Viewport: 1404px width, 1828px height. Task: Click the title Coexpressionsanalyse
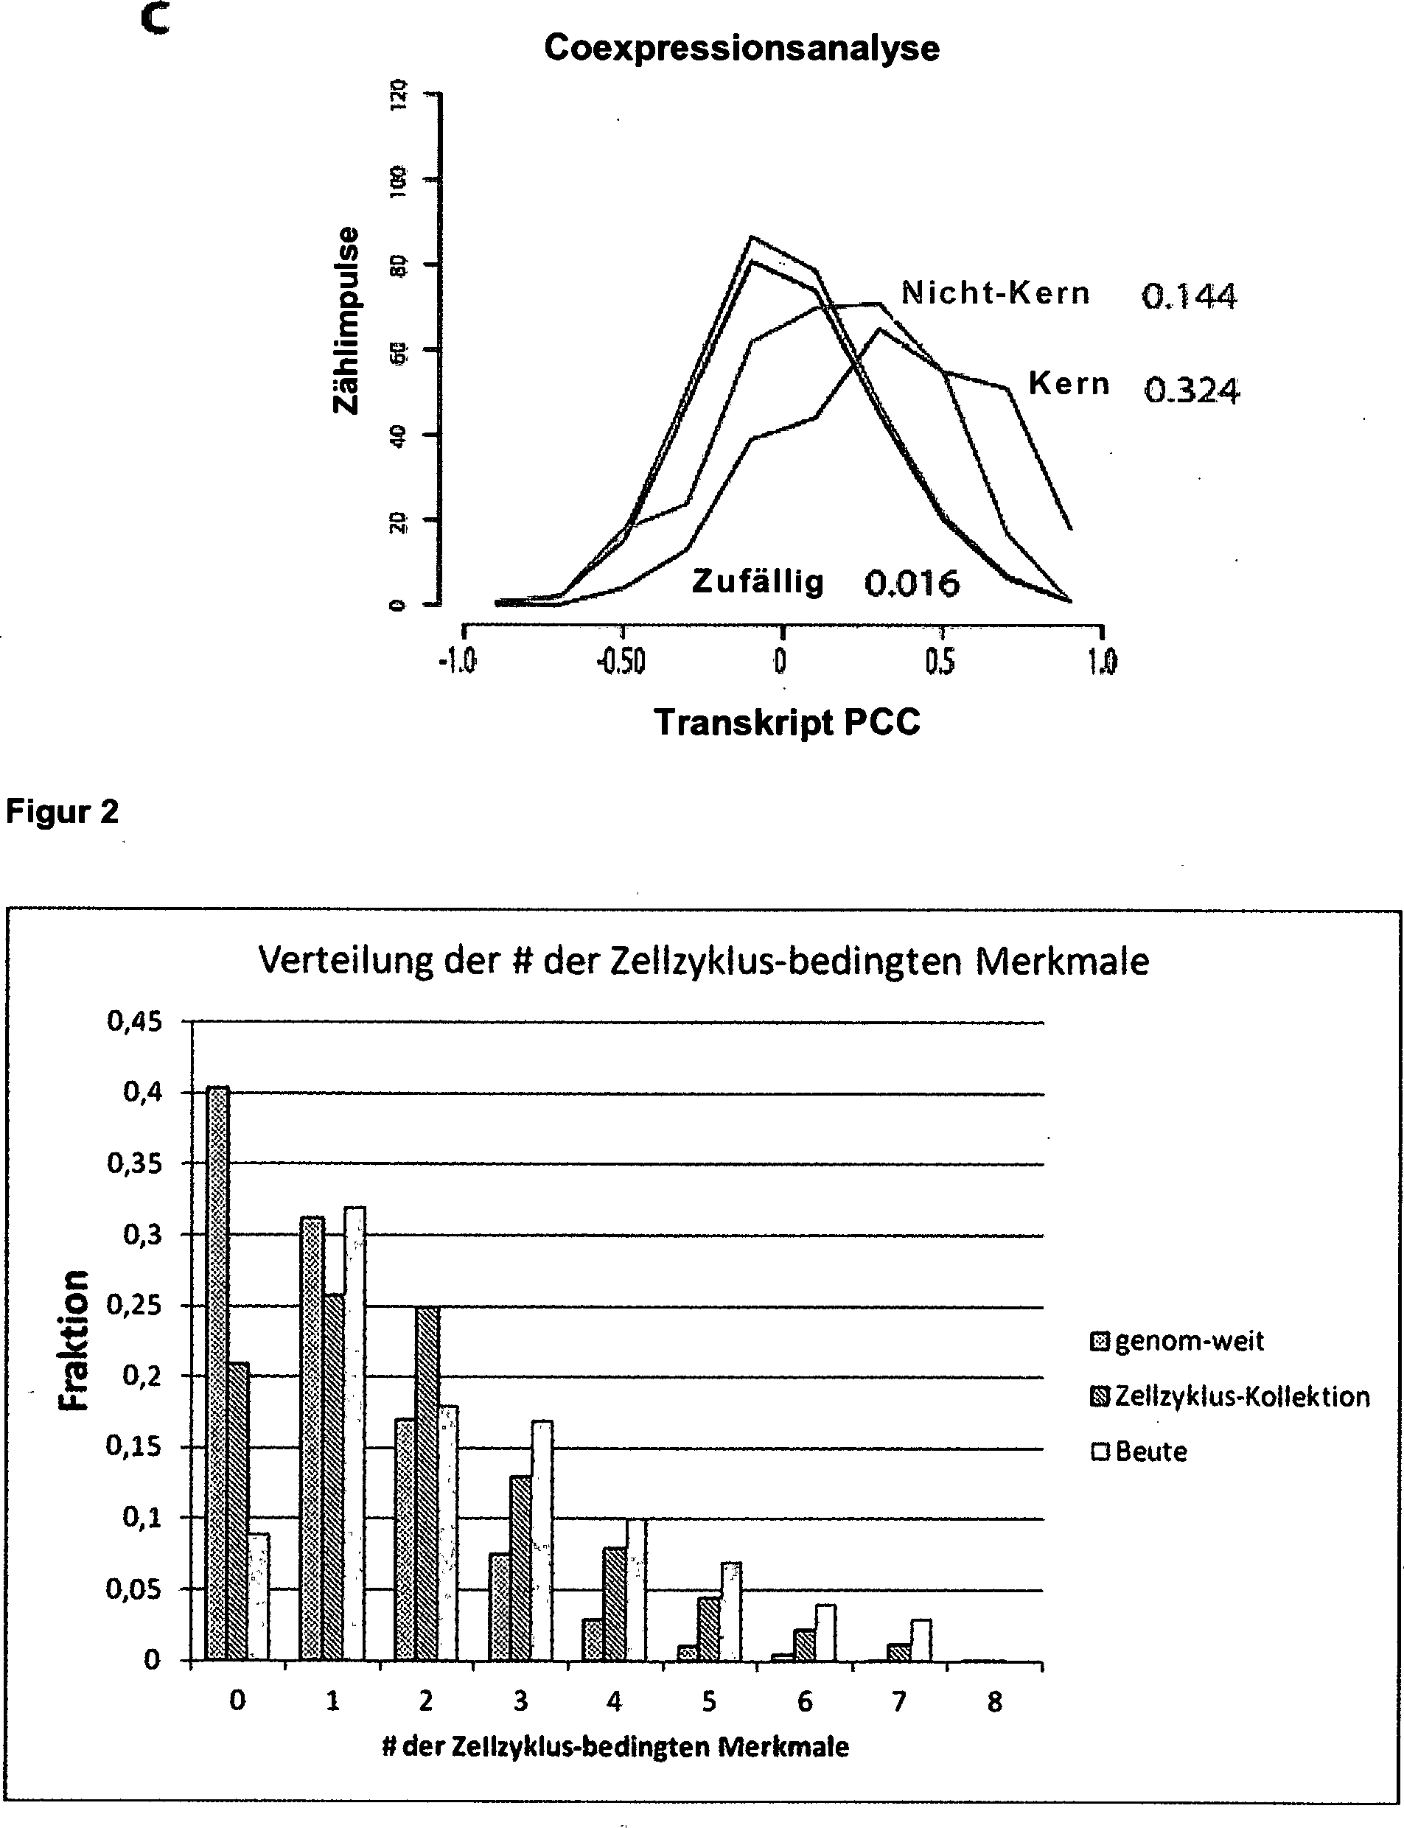741,49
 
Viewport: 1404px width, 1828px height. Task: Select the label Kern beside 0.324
1069,383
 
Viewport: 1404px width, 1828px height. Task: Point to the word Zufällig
757,581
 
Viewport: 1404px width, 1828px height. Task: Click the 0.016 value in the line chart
912,583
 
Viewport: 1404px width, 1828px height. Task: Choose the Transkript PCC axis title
786,722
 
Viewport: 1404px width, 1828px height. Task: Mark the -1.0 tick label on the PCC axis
457,662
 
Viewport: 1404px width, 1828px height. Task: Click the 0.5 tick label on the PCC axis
940,662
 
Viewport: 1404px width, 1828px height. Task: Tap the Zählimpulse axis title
346,320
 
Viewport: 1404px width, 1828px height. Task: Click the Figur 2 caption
63,811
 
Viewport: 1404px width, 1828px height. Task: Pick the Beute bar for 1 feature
355,1434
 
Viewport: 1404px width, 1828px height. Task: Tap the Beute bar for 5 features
731,1611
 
